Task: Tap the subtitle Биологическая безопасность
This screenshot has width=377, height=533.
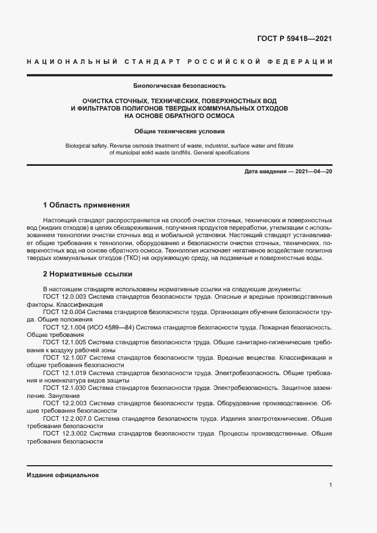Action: pos(180,86)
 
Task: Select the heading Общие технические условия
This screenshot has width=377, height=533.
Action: pos(180,131)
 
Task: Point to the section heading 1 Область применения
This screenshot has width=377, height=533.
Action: pos(87,205)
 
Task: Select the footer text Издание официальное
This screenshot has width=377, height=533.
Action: pos(63,475)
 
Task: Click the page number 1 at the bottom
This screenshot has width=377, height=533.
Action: pos(330,485)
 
